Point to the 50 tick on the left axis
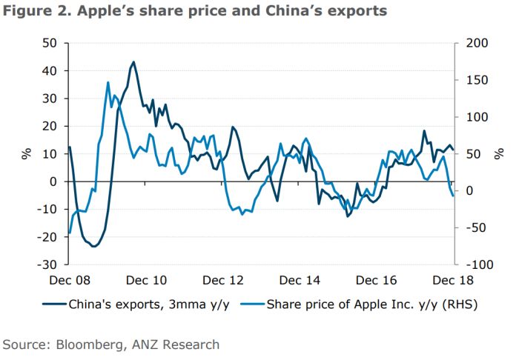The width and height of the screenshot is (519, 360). (49, 43)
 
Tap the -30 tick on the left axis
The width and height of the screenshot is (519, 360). (47, 264)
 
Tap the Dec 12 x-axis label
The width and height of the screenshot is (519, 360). (223, 281)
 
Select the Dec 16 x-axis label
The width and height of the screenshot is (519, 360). (377, 281)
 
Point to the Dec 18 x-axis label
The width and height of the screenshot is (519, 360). (453, 281)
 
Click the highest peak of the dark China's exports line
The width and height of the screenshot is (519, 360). (133, 62)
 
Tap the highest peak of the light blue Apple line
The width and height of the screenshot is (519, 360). (108, 82)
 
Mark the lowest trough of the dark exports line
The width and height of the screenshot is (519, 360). (93, 246)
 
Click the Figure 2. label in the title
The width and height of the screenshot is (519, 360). (33, 12)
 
